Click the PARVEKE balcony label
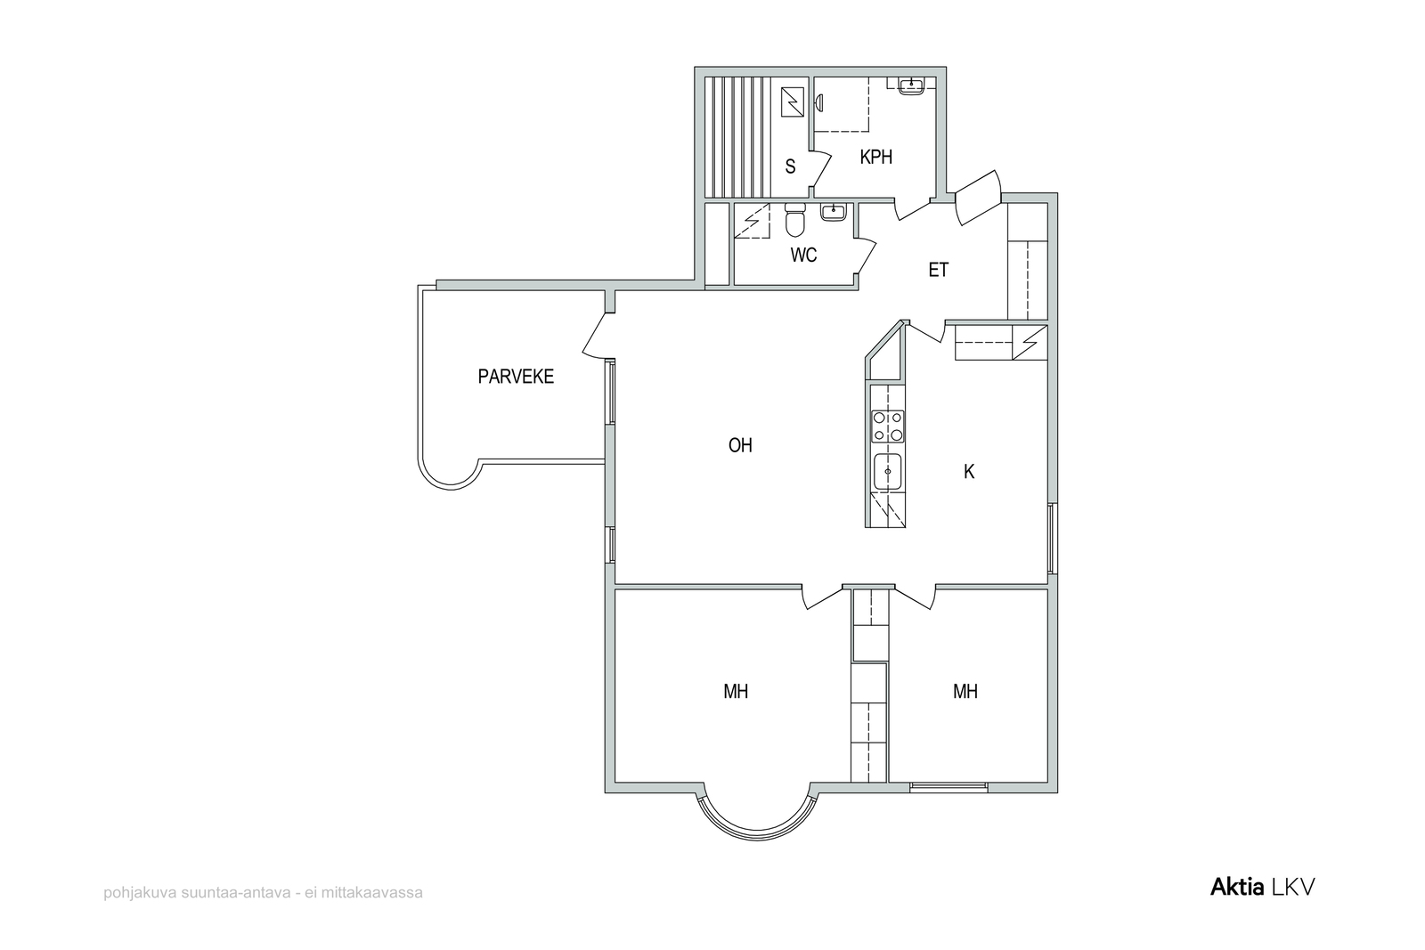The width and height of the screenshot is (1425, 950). coord(516,377)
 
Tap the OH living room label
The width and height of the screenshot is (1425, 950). coord(740,445)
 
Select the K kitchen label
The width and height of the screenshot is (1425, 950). coord(969,471)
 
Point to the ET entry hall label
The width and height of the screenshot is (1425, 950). coord(939,270)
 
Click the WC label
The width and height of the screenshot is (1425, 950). coord(803,255)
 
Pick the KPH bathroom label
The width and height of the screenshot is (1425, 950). coord(876,157)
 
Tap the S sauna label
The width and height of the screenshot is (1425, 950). coord(790,166)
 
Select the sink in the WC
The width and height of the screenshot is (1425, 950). coord(834,212)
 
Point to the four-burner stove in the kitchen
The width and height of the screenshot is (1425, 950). coord(887,426)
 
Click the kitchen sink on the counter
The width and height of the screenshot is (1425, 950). coord(887,472)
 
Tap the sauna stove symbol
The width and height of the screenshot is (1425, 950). coord(792,102)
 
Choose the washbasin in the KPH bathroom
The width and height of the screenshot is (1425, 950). coord(912,85)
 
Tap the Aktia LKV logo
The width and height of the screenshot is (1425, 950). coord(1262,887)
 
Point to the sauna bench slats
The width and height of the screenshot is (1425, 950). coord(738,137)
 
